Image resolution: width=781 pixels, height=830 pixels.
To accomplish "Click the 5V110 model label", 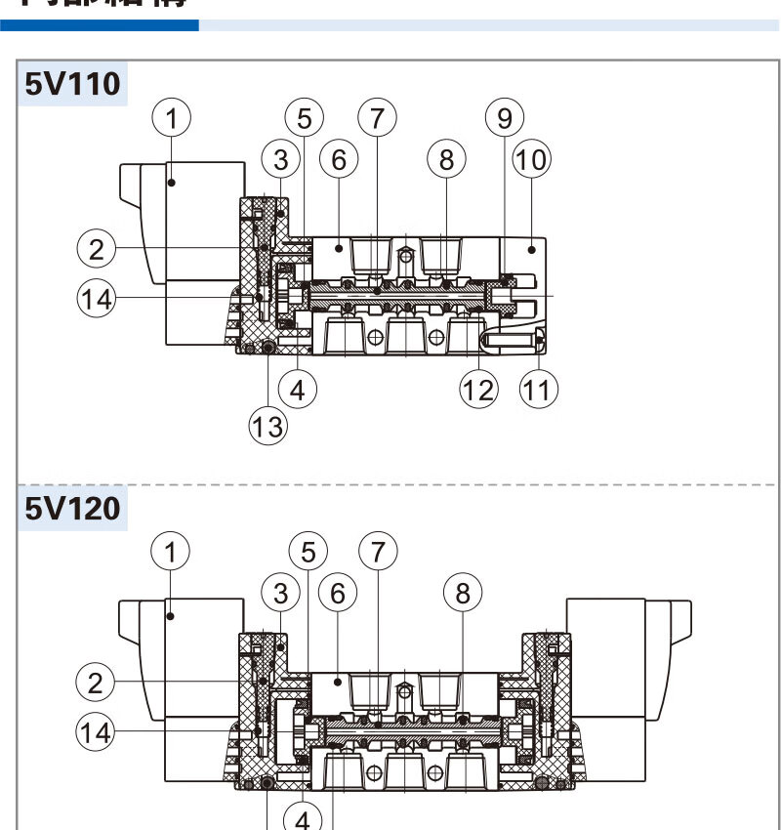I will [x=74, y=84].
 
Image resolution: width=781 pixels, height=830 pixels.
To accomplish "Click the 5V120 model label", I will [x=74, y=510].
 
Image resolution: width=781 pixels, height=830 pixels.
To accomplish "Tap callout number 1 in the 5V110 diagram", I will [x=172, y=119].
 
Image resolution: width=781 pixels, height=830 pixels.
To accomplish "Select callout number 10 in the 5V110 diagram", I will [x=532, y=158].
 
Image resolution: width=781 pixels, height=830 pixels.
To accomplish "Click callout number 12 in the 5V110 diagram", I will [x=479, y=391].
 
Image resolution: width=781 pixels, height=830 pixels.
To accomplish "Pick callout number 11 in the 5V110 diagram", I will [x=537, y=391].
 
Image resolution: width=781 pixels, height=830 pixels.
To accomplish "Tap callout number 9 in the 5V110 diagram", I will [x=505, y=119].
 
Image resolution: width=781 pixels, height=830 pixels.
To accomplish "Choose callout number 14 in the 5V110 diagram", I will [x=96, y=299].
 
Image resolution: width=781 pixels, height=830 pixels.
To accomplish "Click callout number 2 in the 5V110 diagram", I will [x=96, y=250].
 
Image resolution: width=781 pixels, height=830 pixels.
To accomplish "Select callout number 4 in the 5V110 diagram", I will [x=298, y=391].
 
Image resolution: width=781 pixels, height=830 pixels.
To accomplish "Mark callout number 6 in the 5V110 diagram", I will [x=339, y=158].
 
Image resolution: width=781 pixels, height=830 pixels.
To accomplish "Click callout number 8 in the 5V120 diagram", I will [x=463, y=592].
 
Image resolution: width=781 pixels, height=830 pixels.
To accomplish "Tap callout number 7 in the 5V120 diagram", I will [x=378, y=552].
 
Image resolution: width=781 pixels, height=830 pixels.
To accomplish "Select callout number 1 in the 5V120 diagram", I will [x=172, y=552].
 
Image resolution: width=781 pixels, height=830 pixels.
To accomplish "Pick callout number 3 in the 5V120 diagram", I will [x=281, y=592].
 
